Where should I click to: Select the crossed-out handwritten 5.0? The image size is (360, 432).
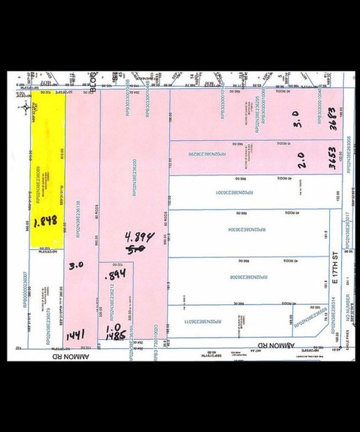pyautogui.click(x=137, y=249)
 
